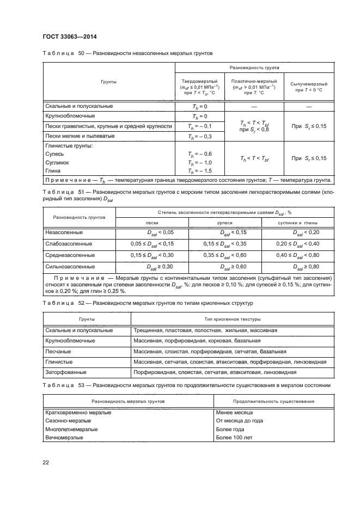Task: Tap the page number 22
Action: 46,462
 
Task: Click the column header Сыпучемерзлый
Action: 308,84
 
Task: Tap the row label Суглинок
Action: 58,163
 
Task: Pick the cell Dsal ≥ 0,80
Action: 306,267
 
